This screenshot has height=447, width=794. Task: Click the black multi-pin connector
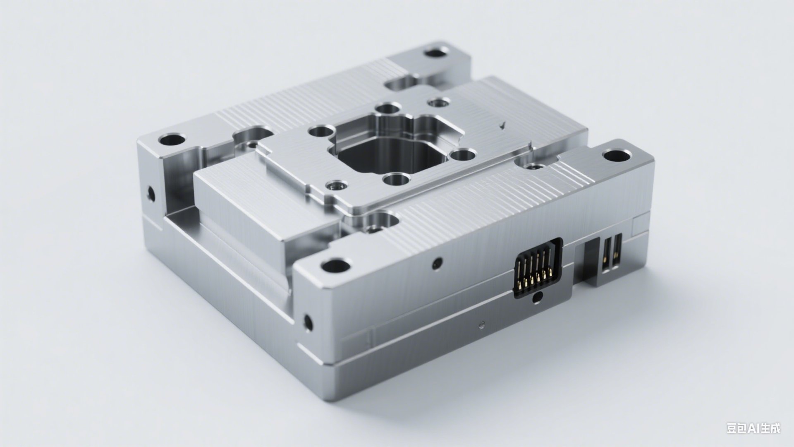pyautogui.click(x=538, y=269)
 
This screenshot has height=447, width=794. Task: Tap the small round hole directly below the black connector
pyautogui.click(x=537, y=297)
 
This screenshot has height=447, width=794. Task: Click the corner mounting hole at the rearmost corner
pyautogui.click(x=436, y=53)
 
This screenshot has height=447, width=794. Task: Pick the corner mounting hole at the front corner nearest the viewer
pyautogui.click(x=335, y=265)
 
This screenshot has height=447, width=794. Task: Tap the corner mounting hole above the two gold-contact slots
pyautogui.click(x=617, y=156)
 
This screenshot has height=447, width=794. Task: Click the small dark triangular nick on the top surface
pyautogui.click(x=503, y=124)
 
